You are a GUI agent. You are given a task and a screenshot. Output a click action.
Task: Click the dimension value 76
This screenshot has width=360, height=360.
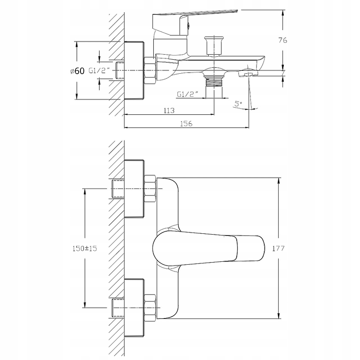tap(282, 40)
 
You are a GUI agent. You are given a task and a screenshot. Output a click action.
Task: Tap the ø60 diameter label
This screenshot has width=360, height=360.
tap(78, 71)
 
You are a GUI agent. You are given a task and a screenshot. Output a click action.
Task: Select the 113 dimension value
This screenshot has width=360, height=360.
tap(169, 111)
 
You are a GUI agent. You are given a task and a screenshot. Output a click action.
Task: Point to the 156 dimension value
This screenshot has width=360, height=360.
tap(186, 124)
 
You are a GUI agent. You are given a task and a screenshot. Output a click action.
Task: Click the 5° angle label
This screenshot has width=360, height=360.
tap(238, 103)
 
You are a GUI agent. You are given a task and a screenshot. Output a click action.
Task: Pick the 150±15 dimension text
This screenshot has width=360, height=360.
tap(85, 249)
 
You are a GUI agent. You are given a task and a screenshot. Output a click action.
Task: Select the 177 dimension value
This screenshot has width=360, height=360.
tap(278, 249)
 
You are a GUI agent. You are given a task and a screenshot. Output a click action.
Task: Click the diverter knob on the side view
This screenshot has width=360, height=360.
tap(214, 45)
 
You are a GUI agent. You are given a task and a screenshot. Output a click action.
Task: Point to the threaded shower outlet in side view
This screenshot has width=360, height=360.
tap(214, 82)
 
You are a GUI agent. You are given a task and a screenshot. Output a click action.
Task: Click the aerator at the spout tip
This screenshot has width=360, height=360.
tap(247, 74)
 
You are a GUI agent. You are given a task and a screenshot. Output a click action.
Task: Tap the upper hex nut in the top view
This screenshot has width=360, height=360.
tap(150, 188)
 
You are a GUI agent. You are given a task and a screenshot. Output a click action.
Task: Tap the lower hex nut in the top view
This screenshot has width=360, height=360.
tap(150, 307)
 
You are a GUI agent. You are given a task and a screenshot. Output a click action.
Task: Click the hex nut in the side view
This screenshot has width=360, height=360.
tap(150, 71)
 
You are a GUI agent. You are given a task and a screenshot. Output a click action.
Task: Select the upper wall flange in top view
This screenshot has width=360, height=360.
tap(134, 188)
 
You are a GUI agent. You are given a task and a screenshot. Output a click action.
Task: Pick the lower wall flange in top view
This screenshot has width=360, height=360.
tap(134, 307)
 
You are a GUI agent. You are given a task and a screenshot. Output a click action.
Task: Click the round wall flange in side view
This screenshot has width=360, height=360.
tap(134, 70)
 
